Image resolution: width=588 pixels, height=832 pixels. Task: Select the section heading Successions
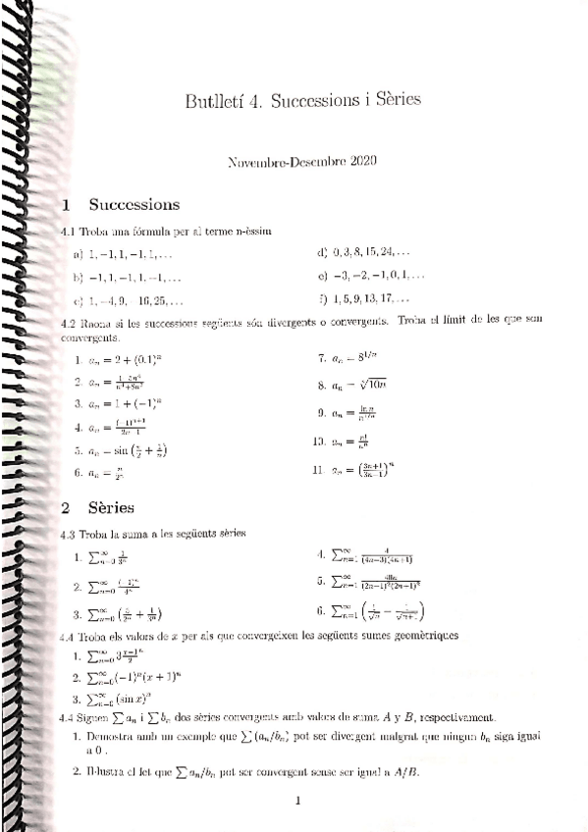coord(134,205)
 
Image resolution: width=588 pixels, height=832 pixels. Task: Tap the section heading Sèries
coord(111,508)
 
